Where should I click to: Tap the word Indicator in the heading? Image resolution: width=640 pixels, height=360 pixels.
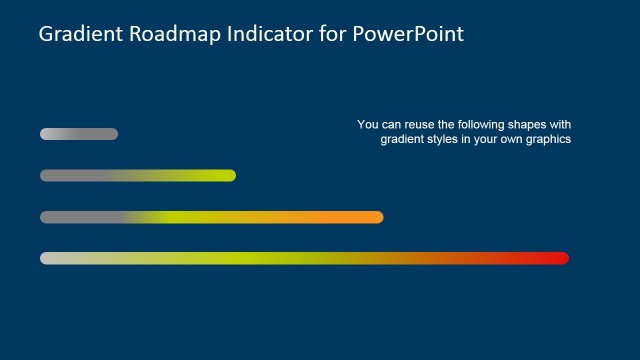264,34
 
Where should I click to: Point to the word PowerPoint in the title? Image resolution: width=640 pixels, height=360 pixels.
409,34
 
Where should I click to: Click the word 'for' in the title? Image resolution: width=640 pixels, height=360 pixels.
329,34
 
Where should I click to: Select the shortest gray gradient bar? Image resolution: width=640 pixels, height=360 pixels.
79,134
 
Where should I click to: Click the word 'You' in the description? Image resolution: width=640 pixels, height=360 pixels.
367,125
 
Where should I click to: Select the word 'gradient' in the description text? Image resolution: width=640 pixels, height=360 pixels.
402,140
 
